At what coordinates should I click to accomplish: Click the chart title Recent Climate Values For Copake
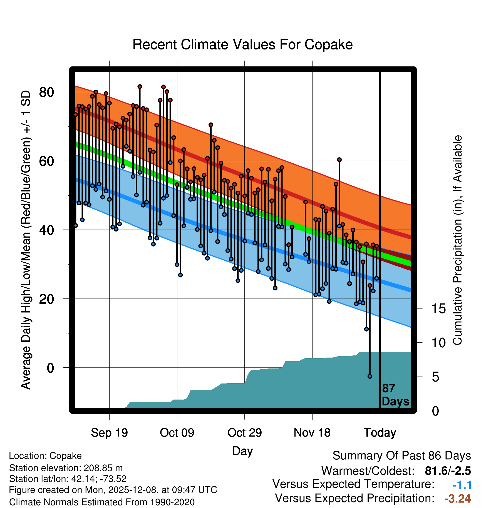pos(242,44)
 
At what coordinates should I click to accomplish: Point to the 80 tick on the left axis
pos(46,92)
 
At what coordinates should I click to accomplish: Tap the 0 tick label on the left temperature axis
pos(50,368)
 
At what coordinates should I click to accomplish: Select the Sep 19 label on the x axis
pos(109,433)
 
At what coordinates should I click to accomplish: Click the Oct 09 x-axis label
pos(177,433)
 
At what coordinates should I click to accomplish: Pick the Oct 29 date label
pos(244,433)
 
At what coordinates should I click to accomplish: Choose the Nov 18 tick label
pos(312,433)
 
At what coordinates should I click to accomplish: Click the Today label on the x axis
pos(380,433)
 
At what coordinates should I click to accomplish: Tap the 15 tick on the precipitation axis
pos(438,309)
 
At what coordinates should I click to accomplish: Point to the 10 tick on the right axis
pos(438,343)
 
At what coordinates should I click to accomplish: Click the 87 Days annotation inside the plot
pos(395,395)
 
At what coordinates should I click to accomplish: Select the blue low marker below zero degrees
pos(370,376)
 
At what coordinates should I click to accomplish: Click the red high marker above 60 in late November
pos(339,160)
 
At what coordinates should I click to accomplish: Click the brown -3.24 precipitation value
pos(457,499)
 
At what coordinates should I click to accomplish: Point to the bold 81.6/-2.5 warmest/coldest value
pos(448,471)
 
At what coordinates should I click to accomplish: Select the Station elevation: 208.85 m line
pos(66,468)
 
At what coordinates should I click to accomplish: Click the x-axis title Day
pos(242,451)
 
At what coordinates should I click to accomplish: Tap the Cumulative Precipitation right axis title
pos(457,240)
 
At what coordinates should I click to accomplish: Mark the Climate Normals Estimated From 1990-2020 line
pos(102,502)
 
